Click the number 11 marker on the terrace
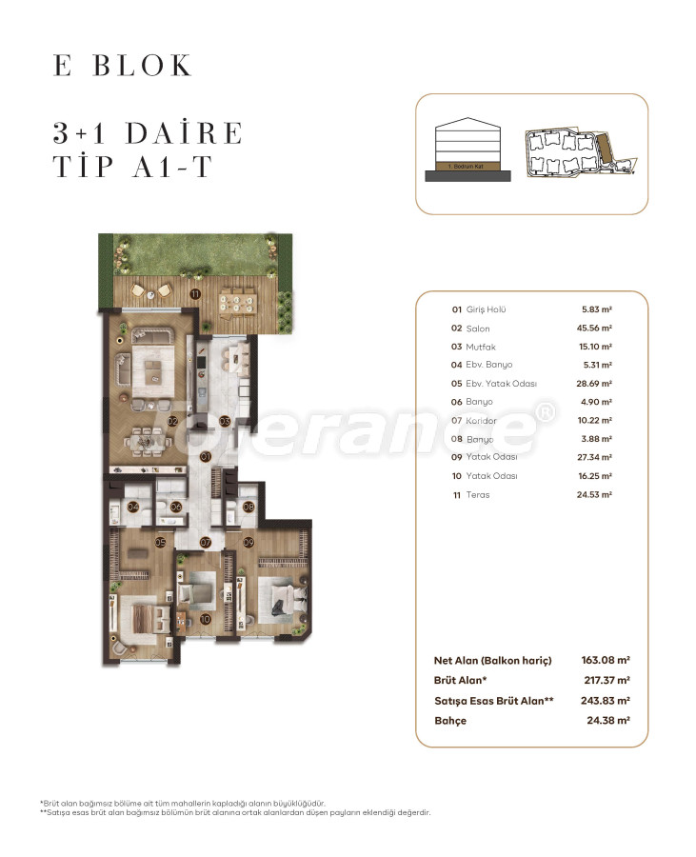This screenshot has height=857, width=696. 194,293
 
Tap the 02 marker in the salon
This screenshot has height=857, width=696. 172,420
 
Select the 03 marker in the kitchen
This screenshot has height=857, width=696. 225,420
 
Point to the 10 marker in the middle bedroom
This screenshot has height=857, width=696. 206,619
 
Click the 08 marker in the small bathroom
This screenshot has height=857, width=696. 249,507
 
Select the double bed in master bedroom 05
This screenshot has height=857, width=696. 143,618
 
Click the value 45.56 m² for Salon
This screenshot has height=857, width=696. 596,328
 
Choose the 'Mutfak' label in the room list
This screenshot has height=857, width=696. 481,347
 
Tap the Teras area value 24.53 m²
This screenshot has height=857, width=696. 596,494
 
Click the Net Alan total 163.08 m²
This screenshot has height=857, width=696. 606,659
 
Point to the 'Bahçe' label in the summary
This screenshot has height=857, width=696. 450,721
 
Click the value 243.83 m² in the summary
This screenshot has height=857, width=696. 606,700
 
